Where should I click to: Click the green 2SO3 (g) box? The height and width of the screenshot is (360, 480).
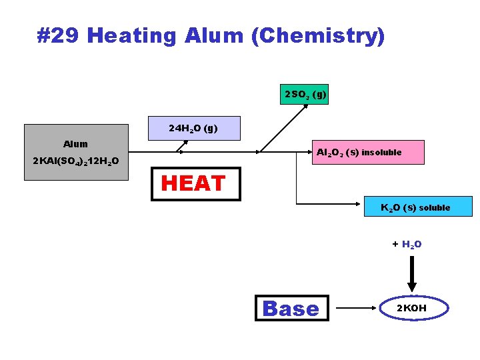point(305,95)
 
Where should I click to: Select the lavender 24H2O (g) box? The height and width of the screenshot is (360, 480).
point(193,128)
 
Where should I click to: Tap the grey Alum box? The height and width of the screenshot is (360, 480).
point(76,152)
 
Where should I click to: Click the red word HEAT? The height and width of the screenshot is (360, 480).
point(193,183)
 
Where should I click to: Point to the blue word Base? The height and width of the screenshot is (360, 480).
point(291,308)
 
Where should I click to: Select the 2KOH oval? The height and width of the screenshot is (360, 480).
point(411,308)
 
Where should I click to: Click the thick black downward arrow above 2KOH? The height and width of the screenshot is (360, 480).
point(411,273)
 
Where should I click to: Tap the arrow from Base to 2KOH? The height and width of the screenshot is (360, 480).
point(357,308)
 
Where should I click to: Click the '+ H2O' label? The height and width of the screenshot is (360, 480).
point(406,245)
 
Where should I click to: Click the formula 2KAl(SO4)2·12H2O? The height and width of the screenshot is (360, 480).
point(76,162)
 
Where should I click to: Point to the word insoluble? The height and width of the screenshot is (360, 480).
point(381,153)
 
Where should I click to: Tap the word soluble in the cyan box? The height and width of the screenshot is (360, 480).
point(434,207)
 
